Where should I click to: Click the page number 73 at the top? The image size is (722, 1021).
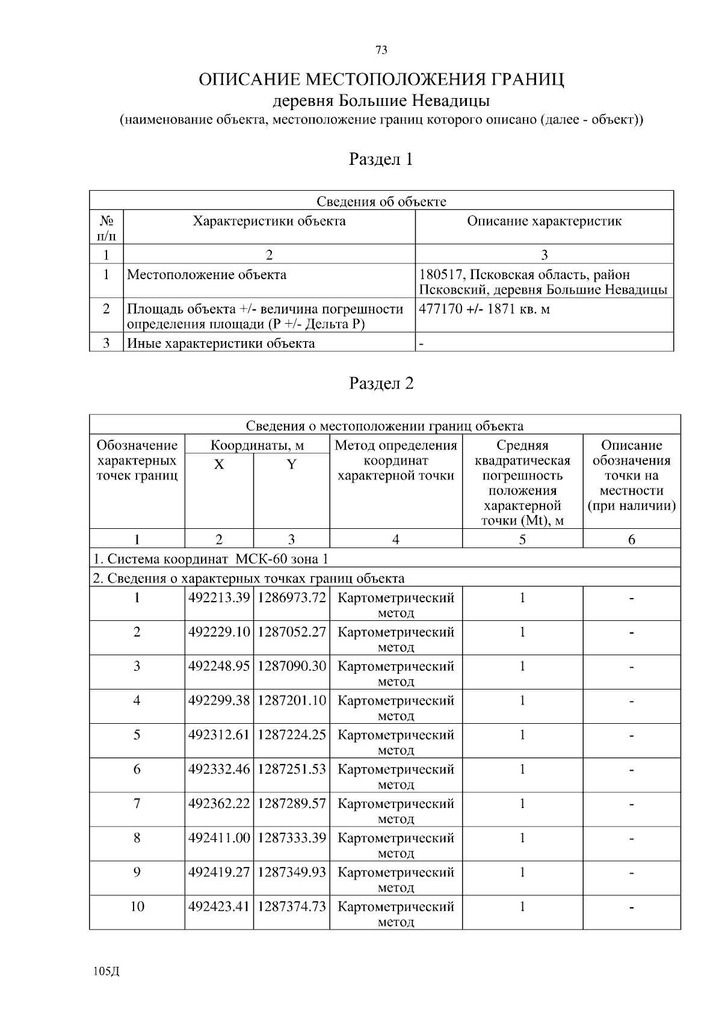point(381,51)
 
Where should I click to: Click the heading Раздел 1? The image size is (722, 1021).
point(381,159)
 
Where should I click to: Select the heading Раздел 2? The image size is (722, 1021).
point(381,383)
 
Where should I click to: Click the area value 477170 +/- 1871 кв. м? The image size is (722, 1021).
point(484,309)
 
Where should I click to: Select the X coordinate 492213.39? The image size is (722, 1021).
point(219,598)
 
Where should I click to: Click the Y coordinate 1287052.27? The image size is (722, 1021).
point(292,632)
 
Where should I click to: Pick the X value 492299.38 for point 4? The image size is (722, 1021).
point(219,701)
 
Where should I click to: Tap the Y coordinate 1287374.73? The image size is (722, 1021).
point(292,907)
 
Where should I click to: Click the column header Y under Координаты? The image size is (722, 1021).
point(292,464)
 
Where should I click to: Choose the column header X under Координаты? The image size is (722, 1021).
point(219,464)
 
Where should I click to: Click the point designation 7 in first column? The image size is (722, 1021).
point(137,804)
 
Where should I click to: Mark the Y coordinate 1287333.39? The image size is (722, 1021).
point(292,838)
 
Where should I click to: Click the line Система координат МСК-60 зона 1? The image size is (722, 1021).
point(211,559)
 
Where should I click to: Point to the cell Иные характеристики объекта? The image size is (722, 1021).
point(221,344)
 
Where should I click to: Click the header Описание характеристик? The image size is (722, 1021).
point(544,221)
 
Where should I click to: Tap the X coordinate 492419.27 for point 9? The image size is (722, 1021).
point(219,872)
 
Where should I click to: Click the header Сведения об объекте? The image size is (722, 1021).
point(381,202)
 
